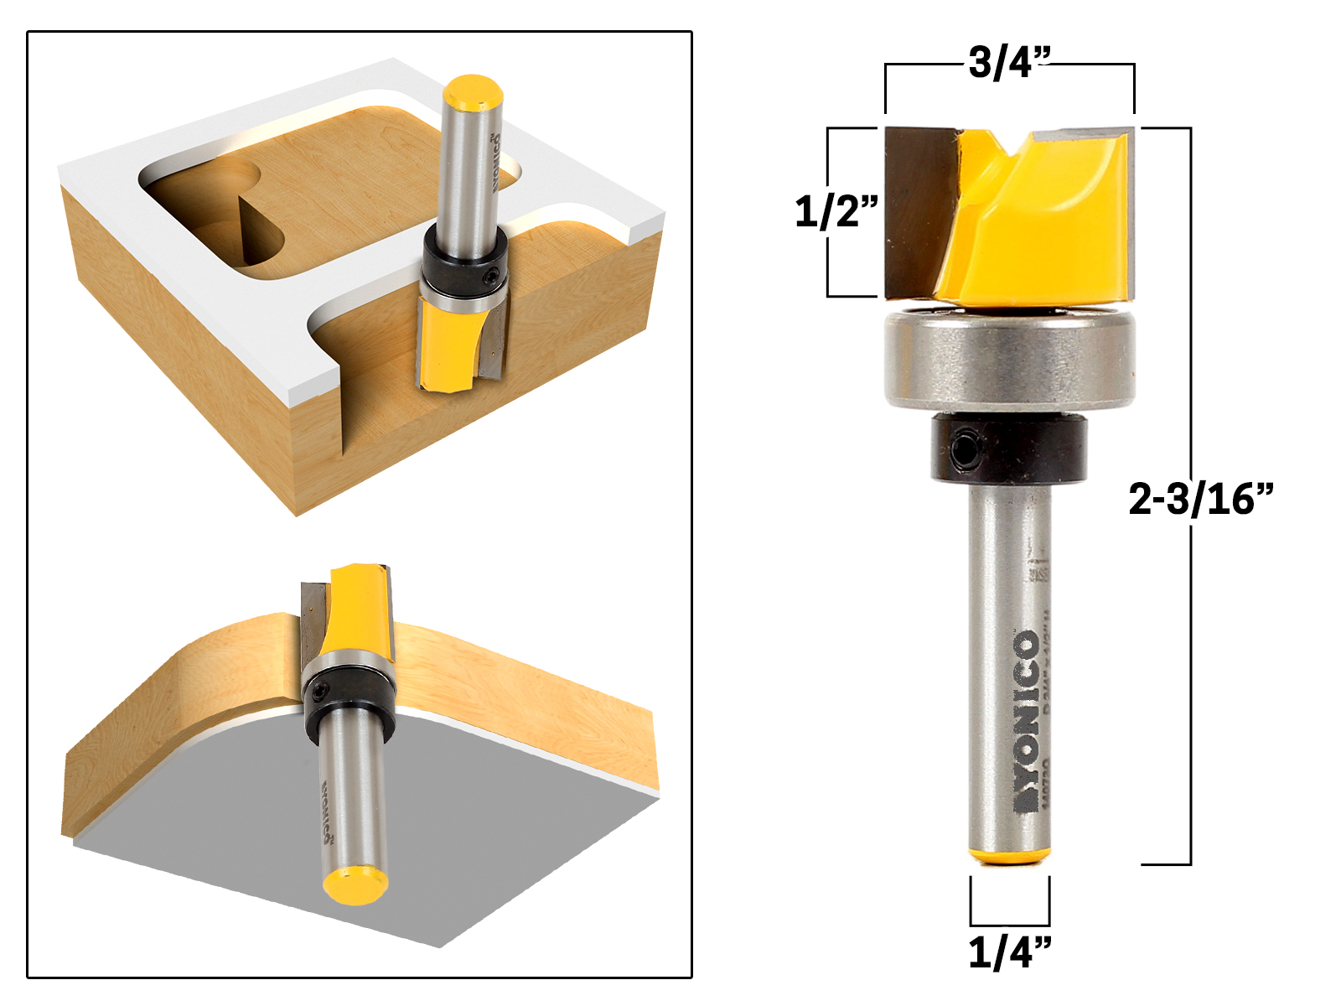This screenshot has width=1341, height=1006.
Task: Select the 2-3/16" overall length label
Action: click(1200, 499)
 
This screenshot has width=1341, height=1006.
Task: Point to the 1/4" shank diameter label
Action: click(1009, 952)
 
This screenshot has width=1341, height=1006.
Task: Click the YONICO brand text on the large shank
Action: click(1027, 721)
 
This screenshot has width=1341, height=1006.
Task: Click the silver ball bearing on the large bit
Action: click(1009, 360)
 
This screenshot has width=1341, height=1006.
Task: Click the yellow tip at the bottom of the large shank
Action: click(1009, 855)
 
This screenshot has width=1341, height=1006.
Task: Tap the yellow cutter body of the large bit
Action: click(1039, 226)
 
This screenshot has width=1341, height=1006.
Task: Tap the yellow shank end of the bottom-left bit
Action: click(354, 885)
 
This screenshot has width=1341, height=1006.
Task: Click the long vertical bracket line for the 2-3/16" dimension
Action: click(1190, 671)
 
